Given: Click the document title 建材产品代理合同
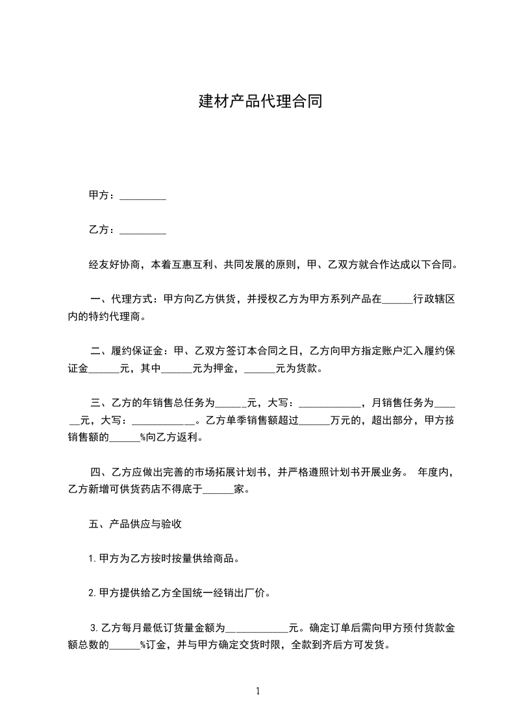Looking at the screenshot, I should pyautogui.click(x=260, y=102).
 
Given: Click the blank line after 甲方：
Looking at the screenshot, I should pyautogui.click(x=144, y=197).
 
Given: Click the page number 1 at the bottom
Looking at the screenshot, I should pyautogui.click(x=258, y=690).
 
